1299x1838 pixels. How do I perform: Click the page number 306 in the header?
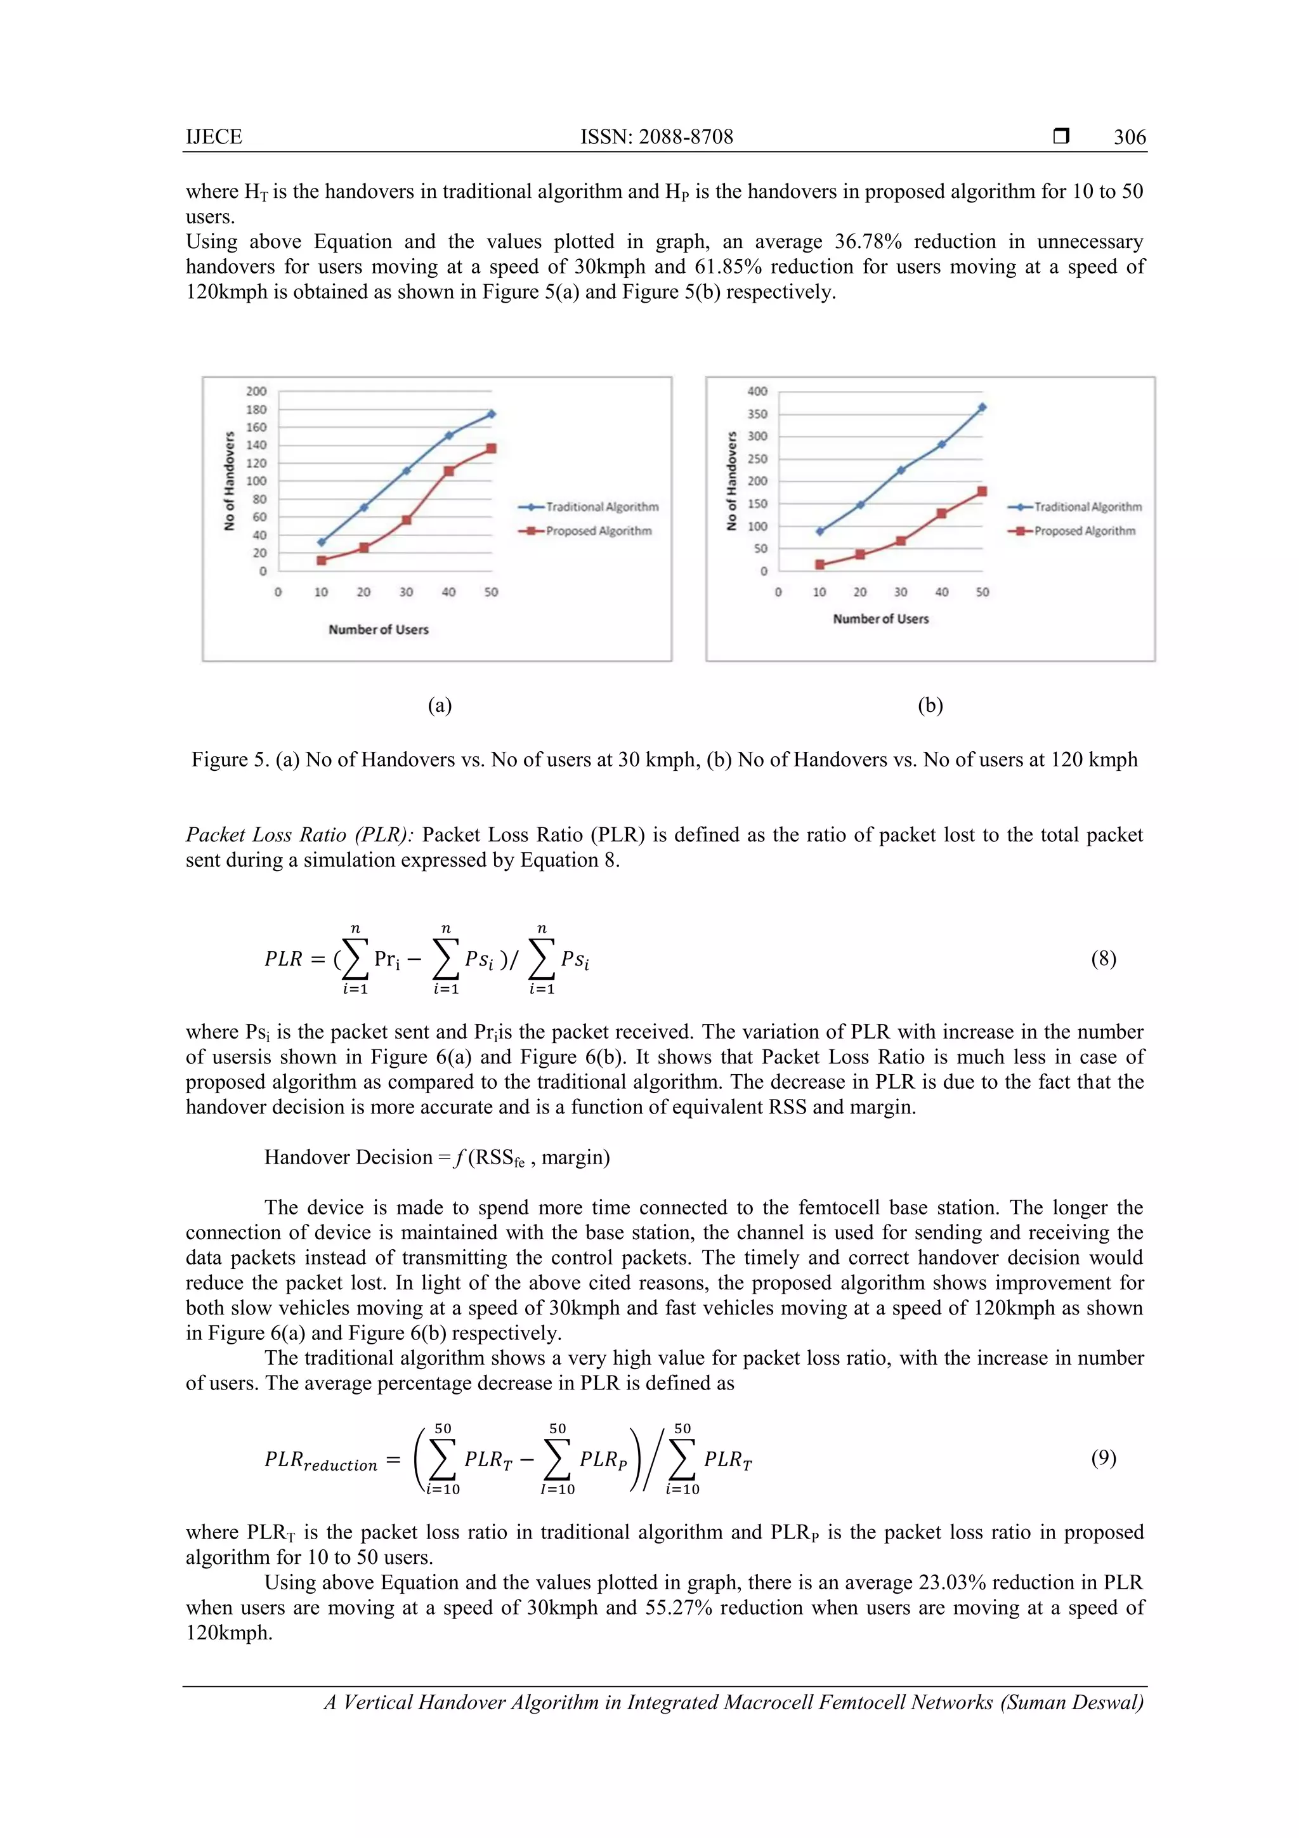pyautogui.click(x=1129, y=137)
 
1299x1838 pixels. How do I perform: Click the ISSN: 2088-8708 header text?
pyautogui.click(x=656, y=137)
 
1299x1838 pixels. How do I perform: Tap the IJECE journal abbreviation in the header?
pyautogui.click(x=214, y=137)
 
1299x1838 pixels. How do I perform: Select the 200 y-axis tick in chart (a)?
pyautogui.click(x=256, y=391)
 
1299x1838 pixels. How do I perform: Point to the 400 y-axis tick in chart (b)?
pyautogui.click(x=757, y=391)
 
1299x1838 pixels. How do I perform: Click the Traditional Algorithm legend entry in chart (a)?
pyautogui.click(x=601, y=507)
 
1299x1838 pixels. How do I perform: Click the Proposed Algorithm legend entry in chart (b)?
pyautogui.click(x=1084, y=531)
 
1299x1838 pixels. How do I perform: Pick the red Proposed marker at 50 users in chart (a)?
pyautogui.click(x=492, y=449)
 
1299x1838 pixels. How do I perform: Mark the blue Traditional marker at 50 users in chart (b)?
pyautogui.click(x=982, y=407)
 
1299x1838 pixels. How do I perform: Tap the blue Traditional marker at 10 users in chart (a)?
pyautogui.click(x=322, y=542)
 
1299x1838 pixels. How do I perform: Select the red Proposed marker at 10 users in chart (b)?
pyautogui.click(x=819, y=565)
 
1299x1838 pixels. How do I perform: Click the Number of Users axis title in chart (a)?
pyautogui.click(x=379, y=629)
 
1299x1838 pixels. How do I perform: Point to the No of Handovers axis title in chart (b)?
pyautogui.click(x=731, y=481)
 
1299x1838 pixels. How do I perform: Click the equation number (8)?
pyautogui.click(x=1103, y=958)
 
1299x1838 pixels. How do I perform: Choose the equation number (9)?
pyautogui.click(x=1103, y=1458)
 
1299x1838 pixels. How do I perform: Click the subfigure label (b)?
pyautogui.click(x=930, y=706)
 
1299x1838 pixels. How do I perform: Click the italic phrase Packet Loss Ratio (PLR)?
pyautogui.click(x=299, y=835)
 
